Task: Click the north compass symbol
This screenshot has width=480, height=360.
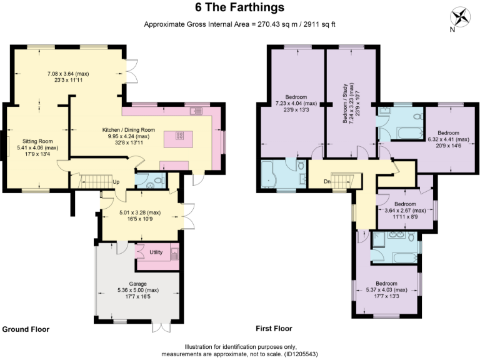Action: point(461,16)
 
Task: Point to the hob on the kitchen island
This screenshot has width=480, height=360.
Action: point(179,136)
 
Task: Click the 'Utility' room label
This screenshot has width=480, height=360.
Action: point(156,252)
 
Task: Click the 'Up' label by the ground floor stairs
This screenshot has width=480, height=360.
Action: point(116,182)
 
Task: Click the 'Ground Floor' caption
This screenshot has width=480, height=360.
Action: point(26,329)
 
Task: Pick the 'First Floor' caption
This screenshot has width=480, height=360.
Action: point(274,328)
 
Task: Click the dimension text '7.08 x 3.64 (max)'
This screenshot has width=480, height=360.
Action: point(69,74)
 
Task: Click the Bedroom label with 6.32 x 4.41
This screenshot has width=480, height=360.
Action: point(447,133)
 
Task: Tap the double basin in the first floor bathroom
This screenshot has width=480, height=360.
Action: point(395,236)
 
